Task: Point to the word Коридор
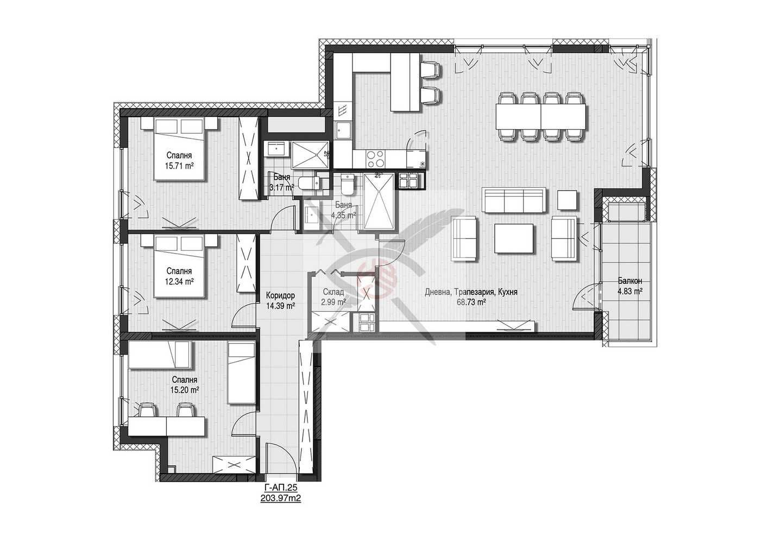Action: tap(280, 295)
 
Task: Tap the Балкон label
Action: tap(629, 281)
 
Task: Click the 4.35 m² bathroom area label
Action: tap(343, 215)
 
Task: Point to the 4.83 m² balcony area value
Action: tap(629, 291)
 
